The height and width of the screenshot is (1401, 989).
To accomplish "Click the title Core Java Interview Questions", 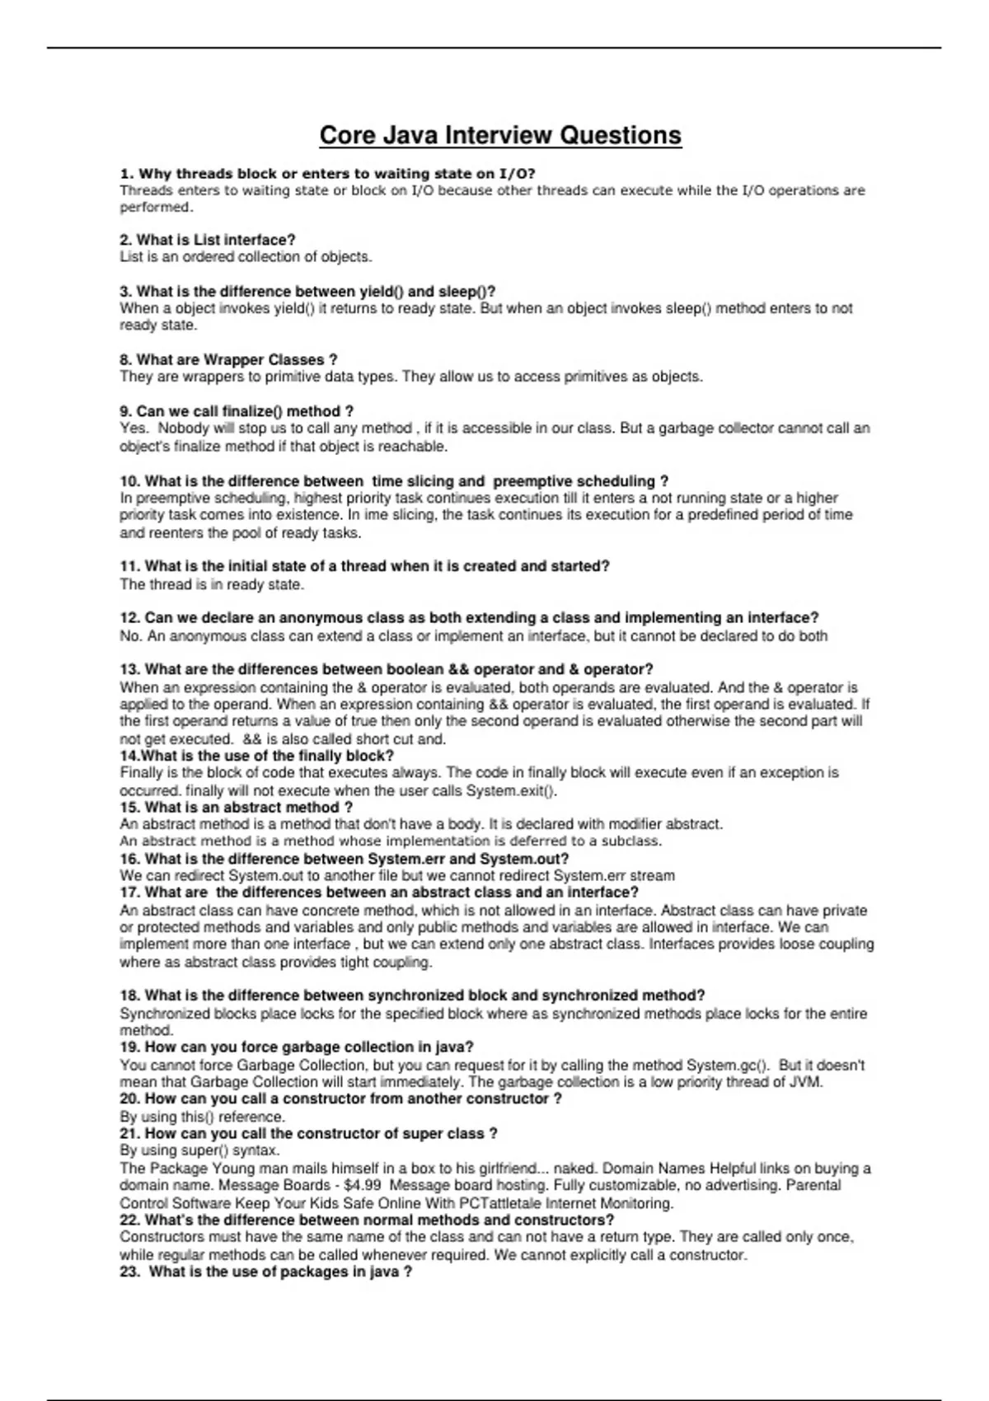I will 500,135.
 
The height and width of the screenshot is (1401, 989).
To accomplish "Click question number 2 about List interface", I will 208,240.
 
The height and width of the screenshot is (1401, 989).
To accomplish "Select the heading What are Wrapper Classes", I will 228,359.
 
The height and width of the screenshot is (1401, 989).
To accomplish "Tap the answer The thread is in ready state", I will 212,584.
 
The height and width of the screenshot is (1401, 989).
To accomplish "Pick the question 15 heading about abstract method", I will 236,807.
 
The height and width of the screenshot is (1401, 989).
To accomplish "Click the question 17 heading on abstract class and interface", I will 379,892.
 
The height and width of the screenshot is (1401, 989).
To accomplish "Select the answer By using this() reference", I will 202,1117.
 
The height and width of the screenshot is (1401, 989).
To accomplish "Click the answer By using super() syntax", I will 199,1150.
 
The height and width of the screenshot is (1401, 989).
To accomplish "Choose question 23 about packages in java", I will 265,1272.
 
